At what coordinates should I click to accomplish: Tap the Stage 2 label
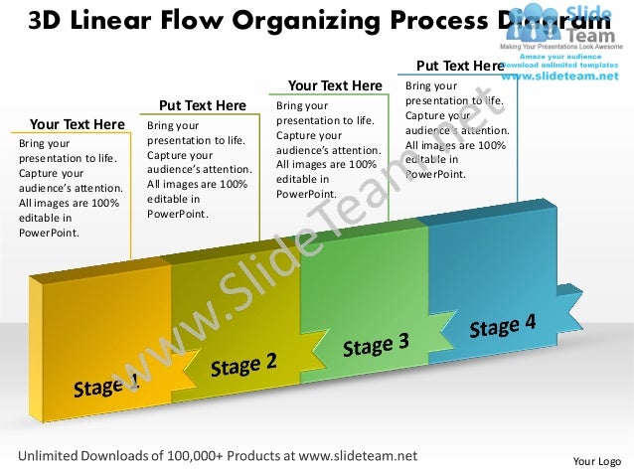[243, 365]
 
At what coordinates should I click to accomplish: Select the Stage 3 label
[376, 345]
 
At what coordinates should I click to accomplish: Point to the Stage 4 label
[502, 326]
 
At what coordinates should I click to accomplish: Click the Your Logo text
[597, 462]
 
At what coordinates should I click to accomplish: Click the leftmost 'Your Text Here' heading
[77, 124]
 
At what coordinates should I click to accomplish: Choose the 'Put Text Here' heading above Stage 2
[203, 105]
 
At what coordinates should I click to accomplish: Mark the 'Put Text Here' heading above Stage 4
[460, 67]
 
